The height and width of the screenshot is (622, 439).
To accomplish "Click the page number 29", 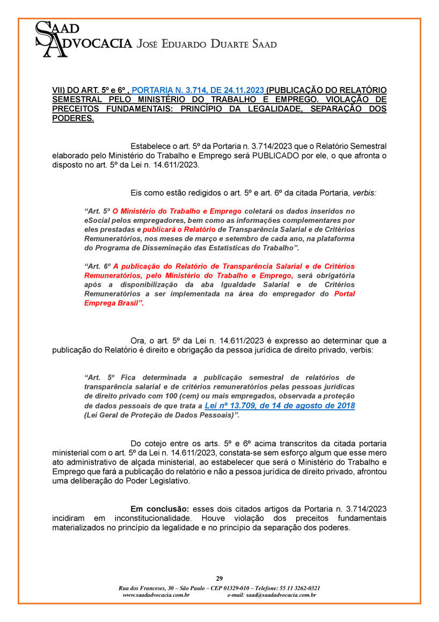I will tap(219, 578).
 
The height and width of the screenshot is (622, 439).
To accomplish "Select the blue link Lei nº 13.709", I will tap(280, 406).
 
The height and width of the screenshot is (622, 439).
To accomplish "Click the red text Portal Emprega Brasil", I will tap(219, 299).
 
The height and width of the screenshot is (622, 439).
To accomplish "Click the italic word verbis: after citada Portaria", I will tap(364, 192).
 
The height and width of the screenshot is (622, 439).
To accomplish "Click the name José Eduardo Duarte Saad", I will tap(207, 44).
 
